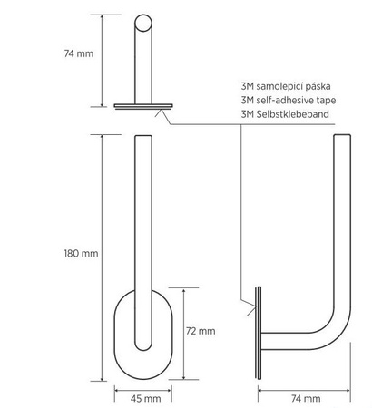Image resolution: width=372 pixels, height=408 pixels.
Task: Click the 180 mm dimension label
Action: coord(81,253)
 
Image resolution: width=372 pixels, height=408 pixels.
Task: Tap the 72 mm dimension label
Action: coord(201,331)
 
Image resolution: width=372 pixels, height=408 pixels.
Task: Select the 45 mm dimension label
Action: coord(145,399)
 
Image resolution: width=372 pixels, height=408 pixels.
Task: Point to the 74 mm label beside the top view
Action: coord(79,53)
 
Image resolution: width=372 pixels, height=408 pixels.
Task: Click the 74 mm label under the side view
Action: coord(306,399)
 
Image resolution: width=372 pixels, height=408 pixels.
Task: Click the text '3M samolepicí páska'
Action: coord(286,86)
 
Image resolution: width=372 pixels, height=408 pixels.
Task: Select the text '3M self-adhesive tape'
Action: coord(289,100)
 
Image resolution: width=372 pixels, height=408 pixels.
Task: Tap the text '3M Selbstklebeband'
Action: coord(285,114)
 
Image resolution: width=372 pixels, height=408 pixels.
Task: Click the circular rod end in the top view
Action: coord(143,23)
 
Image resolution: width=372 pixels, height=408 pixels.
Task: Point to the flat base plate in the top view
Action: coord(143,106)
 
